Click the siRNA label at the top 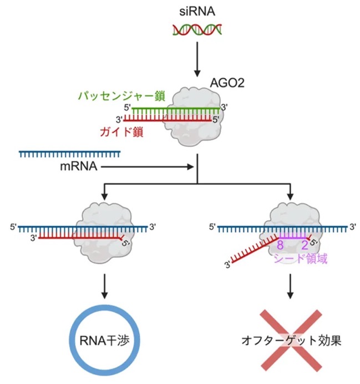197,12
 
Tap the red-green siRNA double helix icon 197,29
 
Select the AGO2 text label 227,83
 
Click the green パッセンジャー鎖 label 121,96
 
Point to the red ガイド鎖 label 121,132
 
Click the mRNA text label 79,166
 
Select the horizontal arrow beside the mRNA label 148,167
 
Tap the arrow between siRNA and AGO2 197,59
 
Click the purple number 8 280,245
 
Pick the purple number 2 305,245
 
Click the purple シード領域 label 300,259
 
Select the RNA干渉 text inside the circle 104,341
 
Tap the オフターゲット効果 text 291,341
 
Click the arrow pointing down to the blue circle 104,286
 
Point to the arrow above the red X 290,286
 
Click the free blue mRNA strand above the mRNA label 70,154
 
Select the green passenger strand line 176,108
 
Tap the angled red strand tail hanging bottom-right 255,250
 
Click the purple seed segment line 293,238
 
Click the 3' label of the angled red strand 227,265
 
